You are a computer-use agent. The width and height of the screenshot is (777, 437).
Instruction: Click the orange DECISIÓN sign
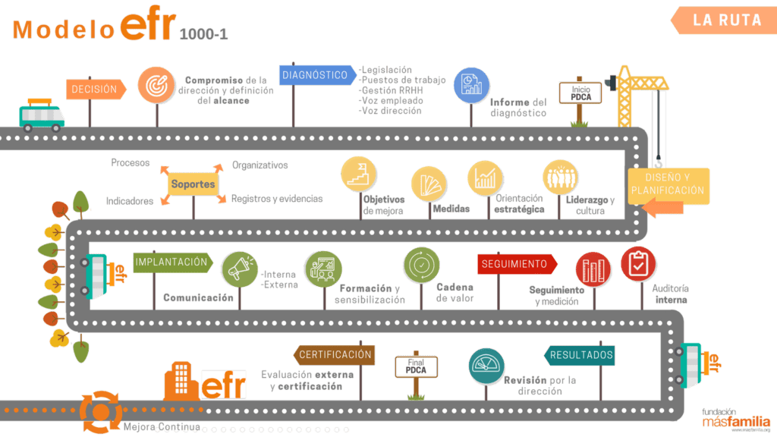point(95,90)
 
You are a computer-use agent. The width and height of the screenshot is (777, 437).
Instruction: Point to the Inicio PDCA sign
point(580,93)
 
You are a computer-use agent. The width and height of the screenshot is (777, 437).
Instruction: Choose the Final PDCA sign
point(416,366)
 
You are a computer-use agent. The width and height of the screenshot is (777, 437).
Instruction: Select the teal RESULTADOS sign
point(580,355)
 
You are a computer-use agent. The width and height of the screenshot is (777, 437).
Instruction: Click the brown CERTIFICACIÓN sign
point(334,354)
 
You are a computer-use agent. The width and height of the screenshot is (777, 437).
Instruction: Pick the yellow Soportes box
point(193,184)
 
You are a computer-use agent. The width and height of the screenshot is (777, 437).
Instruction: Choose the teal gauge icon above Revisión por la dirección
point(486,366)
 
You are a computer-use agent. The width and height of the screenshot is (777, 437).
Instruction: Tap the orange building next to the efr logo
point(182,379)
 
